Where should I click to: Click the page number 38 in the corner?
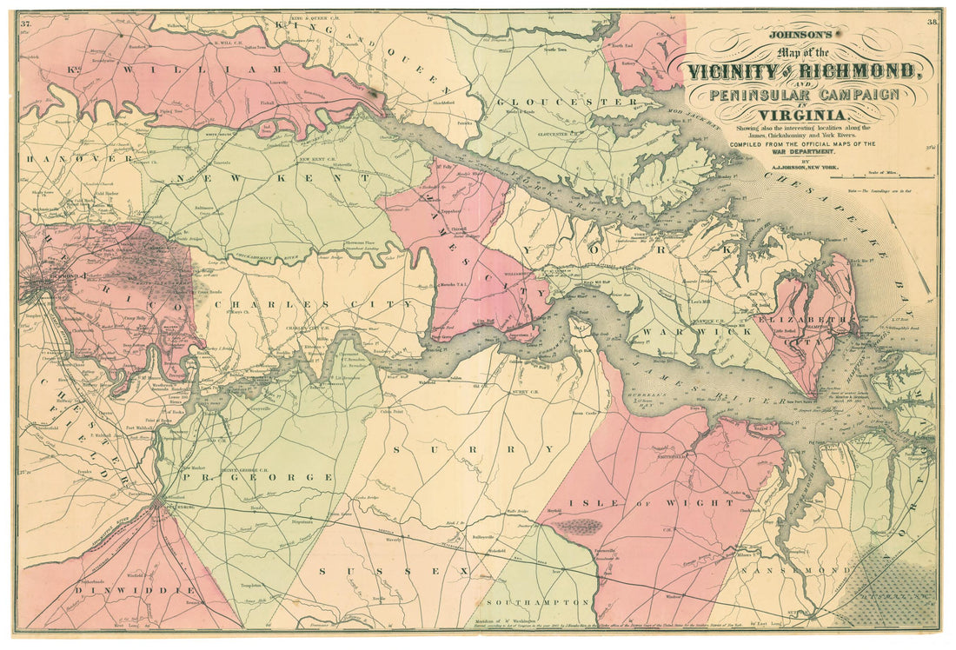pos(933,22)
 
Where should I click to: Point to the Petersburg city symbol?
pos(158,501)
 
